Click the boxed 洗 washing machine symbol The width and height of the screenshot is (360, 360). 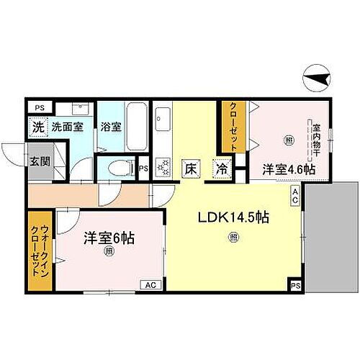pyautogui.click(x=37, y=124)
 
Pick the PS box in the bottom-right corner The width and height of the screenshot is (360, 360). pyautogui.click(x=296, y=285)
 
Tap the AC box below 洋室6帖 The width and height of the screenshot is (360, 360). pyautogui.click(x=151, y=285)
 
